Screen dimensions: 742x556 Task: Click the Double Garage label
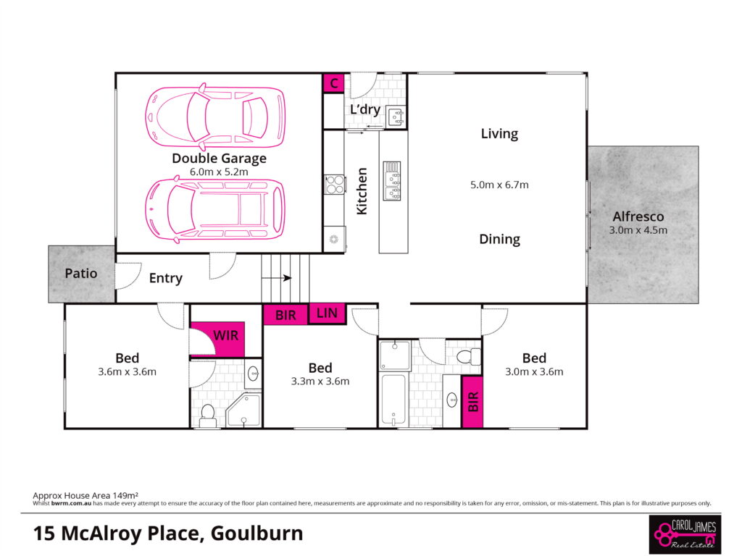tap(219, 159)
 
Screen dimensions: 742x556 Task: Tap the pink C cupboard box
tap(333, 83)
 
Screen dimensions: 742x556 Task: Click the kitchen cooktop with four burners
tap(335, 185)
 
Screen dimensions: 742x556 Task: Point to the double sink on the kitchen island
tap(392, 180)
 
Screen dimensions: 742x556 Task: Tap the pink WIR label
tap(226, 336)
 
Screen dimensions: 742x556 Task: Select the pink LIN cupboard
tap(327, 313)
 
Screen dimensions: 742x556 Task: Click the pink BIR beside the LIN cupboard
tap(285, 315)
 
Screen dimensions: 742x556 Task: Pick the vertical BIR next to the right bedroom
tap(472, 402)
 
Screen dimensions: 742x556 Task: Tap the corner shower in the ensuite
tap(243, 410)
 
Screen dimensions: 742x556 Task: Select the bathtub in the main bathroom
tap(393, 400)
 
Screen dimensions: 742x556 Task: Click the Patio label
tap(81, 273)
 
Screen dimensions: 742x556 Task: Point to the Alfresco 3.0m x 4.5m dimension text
tap(638, 230)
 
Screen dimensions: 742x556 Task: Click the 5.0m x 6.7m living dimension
tap(499, 185)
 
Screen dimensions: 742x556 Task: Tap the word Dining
tap(500, 239)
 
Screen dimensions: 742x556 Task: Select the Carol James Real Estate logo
tap(685, 534)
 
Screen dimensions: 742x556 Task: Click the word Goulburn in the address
tap(257, 534)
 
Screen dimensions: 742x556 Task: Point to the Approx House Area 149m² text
tap(86, 495)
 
